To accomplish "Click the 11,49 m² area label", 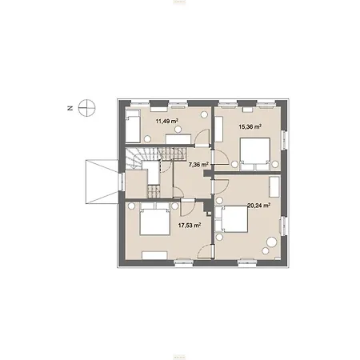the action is click(167, 121).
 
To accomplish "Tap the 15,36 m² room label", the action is click(250, 126).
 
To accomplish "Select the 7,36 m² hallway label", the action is click(198, 165).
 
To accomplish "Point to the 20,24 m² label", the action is click(259, 206).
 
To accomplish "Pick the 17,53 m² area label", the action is click(190, 226).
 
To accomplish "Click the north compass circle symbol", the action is click(87, 108).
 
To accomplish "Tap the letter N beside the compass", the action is click(70, 108).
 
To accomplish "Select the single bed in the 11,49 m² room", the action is click(133, 126).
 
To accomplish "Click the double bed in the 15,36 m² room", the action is click(255, 154).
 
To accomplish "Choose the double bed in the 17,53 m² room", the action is click(155, 218).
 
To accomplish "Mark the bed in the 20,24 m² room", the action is click(232, 219).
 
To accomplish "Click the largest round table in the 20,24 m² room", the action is click(273, 242).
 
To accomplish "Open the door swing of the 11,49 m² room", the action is click(202, 137).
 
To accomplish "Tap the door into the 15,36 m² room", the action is click(221, 157).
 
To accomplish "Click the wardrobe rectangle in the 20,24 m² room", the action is click(274, 186).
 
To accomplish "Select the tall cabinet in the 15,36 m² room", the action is click(219, 130).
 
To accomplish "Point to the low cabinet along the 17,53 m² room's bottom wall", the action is click(154, 255).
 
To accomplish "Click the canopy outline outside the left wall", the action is click(102, 182).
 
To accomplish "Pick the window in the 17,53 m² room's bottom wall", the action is click(183, 262).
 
